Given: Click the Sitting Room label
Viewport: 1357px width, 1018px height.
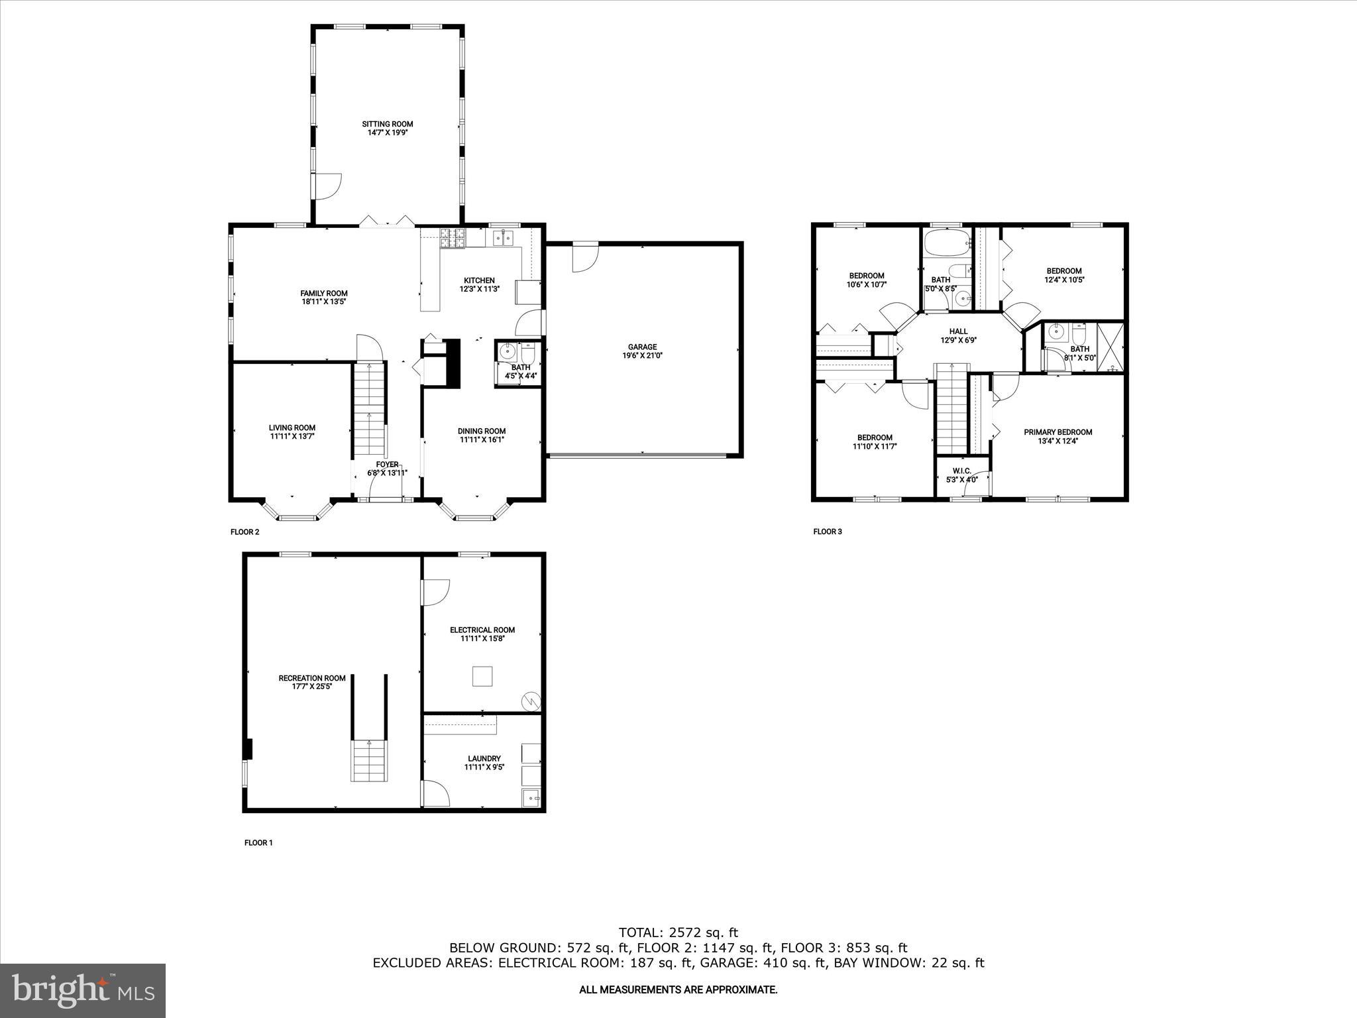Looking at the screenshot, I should click(x=387, y=124).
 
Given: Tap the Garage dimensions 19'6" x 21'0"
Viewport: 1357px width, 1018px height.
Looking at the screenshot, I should click(x=642, y=356).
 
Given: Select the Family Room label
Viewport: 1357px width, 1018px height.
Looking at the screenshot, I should click(x=323, y=293).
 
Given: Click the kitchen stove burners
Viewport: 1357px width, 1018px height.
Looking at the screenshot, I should click(x=453, y=239).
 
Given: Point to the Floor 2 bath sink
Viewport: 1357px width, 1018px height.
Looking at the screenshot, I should click(x=508, y=351).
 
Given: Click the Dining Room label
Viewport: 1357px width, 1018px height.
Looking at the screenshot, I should click(x=482, y=431).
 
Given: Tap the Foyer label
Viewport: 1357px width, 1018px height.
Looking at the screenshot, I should click(x=387, y=465).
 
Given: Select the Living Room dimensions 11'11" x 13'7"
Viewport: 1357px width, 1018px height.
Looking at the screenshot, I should click(x=292, y=437).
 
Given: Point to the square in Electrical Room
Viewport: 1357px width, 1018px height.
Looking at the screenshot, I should click(x=482, y=676).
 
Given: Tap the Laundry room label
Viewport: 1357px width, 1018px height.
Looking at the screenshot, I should click(x=484, y=758).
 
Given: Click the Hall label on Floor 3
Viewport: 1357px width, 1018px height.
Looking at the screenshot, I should click(x=958, y=331).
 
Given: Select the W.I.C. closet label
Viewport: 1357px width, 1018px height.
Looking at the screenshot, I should click(x=962, y=471).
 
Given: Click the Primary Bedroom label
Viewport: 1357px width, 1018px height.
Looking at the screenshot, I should click(x=1058, y=432).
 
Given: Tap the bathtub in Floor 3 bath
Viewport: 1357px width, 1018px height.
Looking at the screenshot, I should click(x=946, y=243).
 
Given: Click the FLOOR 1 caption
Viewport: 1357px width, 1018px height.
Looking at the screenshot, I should click(x=258, y=843).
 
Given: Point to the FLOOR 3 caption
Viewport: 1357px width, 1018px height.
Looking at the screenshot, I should click(x=828, y=532).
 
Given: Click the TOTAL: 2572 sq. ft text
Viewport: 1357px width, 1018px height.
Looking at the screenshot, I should click(x=678, y=933).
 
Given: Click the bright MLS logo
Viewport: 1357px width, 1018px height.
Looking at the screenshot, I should click(x=83, y=990).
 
